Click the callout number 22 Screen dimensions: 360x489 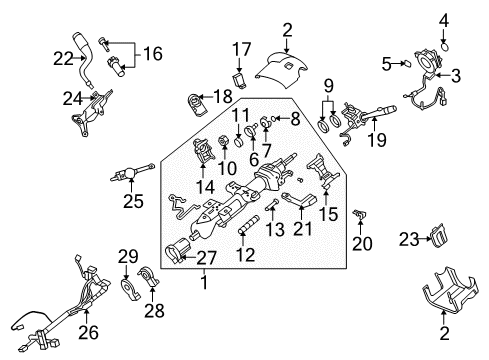(x=63, y=59)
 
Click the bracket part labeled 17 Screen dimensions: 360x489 (x=241, y=78)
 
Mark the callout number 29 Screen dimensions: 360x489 (x=124, y=258)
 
